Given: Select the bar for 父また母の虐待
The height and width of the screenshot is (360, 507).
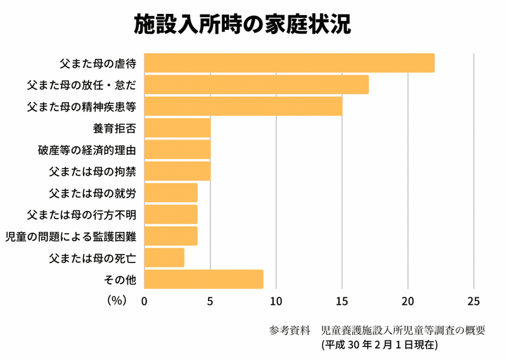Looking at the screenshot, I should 289,63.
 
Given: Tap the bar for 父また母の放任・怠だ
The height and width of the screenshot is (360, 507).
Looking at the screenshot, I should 256,85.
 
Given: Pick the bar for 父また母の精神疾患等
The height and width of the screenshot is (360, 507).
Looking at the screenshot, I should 243,106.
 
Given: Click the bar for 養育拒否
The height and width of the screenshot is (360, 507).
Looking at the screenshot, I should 177,128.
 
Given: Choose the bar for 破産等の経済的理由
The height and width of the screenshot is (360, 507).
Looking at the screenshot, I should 177,150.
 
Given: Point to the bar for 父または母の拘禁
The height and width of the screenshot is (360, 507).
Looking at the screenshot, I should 177,171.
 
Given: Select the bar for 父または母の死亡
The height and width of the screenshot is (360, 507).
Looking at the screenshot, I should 164,257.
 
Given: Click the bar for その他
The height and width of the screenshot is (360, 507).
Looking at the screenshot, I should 203,279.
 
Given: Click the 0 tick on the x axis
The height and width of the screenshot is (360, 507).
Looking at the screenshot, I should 144,301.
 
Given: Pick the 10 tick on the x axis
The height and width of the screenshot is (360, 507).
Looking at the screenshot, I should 276,301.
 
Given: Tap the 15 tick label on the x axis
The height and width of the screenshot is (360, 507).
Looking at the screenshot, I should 342,301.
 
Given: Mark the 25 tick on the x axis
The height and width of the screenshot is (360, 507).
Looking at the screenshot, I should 473,301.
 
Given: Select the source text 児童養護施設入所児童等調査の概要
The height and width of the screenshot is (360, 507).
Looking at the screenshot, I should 402,330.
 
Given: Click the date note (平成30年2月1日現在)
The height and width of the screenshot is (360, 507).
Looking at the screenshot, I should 378,345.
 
